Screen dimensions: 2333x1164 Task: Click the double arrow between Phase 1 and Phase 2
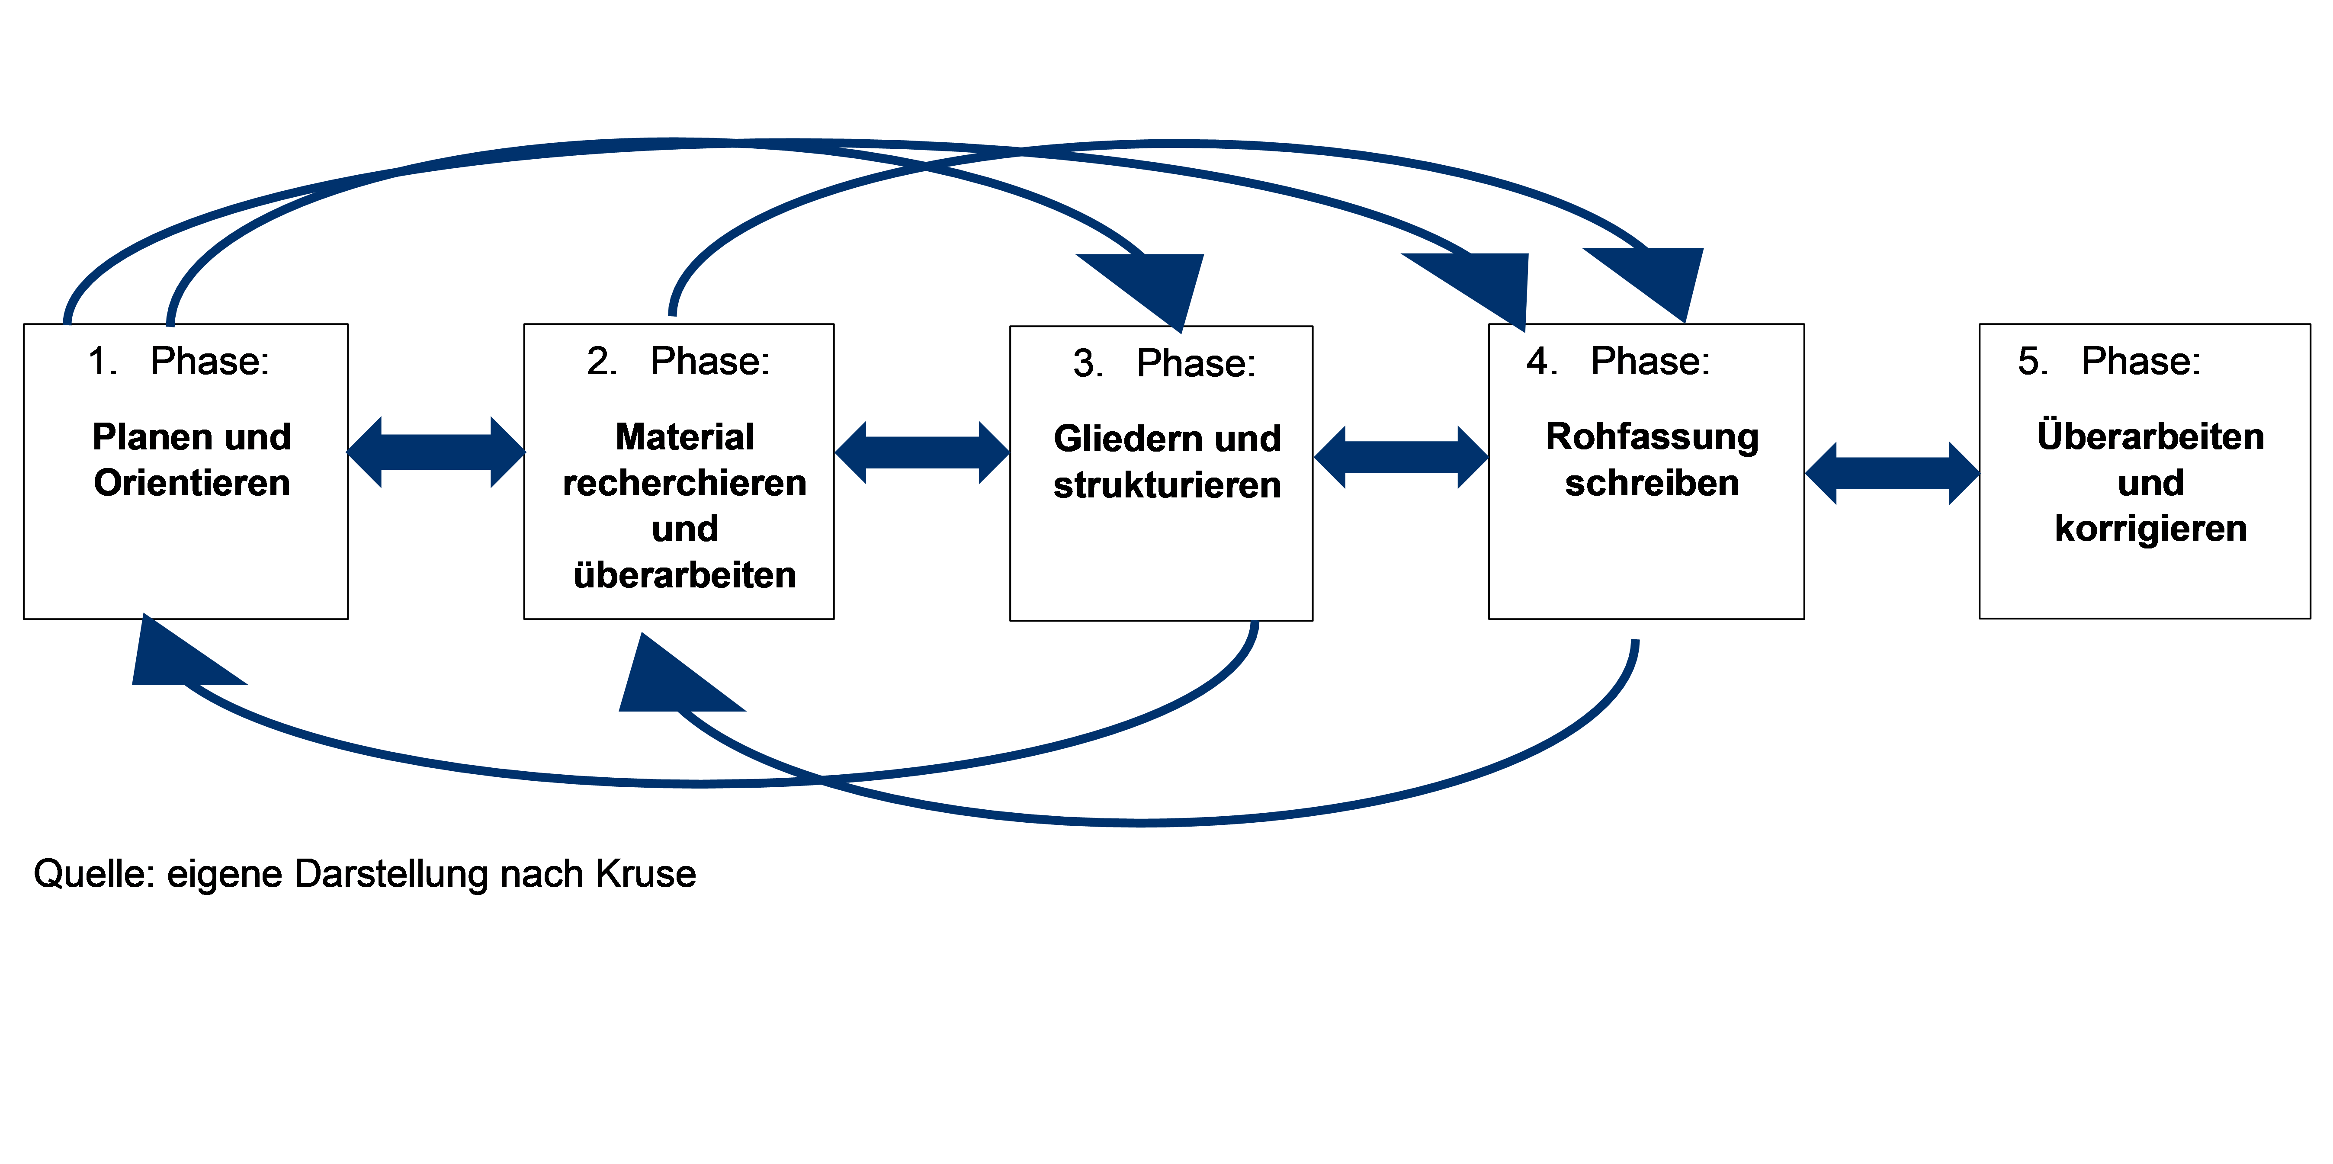436,452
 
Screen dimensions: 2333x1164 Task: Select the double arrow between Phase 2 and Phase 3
922,452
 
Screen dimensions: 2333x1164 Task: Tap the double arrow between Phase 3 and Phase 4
1401,458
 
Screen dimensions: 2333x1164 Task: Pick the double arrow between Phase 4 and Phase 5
1892,473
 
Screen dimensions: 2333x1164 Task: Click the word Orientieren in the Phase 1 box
192,483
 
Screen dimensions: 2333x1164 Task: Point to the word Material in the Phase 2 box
685,436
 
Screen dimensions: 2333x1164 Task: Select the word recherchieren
685,483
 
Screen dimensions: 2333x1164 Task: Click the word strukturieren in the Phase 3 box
1168,485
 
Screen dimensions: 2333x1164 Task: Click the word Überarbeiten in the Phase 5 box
2151,436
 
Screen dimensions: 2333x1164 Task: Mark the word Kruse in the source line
646,874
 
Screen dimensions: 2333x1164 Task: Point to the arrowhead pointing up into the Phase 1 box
176,657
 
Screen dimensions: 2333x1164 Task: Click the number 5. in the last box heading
2032,362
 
